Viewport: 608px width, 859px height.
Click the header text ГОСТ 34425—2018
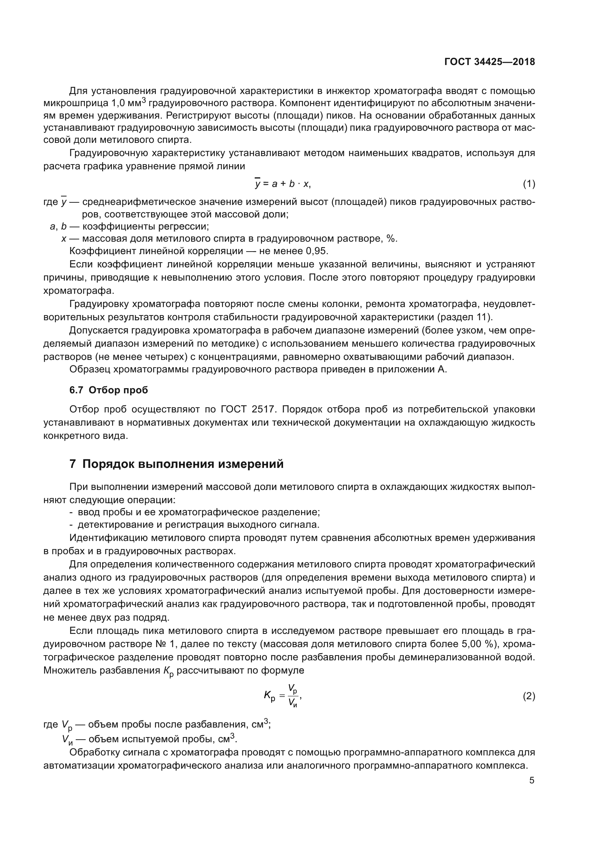pos(490,62)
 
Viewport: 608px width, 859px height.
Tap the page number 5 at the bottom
pos(532,780)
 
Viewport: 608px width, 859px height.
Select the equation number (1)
pos(529,184)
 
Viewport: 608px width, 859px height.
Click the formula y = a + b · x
pos(283,184)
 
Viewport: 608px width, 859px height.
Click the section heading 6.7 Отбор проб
pos(108,390)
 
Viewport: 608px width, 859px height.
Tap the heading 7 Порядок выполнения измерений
pos(176,464)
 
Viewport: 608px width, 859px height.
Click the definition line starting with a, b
pos(129,226)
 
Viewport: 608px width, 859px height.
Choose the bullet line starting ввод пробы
pos(199,512)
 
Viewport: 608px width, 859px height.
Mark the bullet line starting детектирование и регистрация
pos(199,524)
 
